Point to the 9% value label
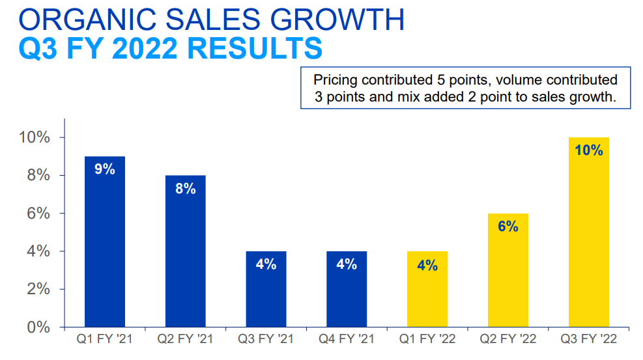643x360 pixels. [x=105, y=169]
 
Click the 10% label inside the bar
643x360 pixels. [x=588, y=150]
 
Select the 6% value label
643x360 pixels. [x=507, y=227]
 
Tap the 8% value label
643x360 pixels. [x=186, y=189]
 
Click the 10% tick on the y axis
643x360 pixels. [x=35, y=138]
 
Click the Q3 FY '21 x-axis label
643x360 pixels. [x=266, y=339]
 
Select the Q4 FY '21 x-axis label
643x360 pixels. [x=347, y=339]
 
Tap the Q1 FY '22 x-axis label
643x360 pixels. [x=427, y=339]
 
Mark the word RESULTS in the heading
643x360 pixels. [x=256, y=49]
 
